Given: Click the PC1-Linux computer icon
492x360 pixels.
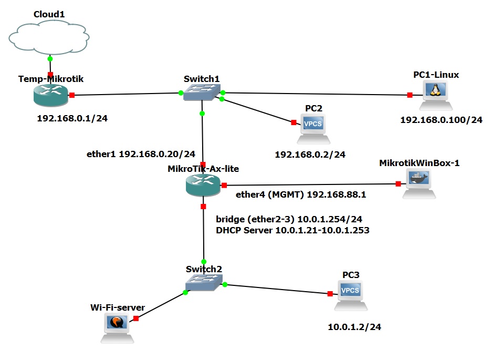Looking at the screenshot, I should coord(434,95).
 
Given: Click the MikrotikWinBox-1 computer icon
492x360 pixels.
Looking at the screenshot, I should coord(419,184).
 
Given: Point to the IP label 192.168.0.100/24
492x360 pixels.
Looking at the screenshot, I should coord(441,120).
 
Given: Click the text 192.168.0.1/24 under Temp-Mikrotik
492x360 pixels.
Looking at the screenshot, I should coord(72,118).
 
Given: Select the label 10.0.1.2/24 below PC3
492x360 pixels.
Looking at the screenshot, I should coord(354,327).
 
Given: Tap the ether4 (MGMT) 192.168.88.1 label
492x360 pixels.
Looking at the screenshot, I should coord(300,195).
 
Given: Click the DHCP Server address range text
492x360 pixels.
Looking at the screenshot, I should coord(292,230).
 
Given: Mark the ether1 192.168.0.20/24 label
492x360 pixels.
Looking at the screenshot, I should coord(141,155).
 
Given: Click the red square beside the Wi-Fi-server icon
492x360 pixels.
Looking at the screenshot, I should coord(135,318).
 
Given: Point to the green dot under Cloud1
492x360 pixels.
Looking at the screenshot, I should coord(50,58).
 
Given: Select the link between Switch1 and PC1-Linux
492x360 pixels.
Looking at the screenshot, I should coord(315,94).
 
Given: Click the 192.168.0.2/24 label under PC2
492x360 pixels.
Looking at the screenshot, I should coord(310,155).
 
